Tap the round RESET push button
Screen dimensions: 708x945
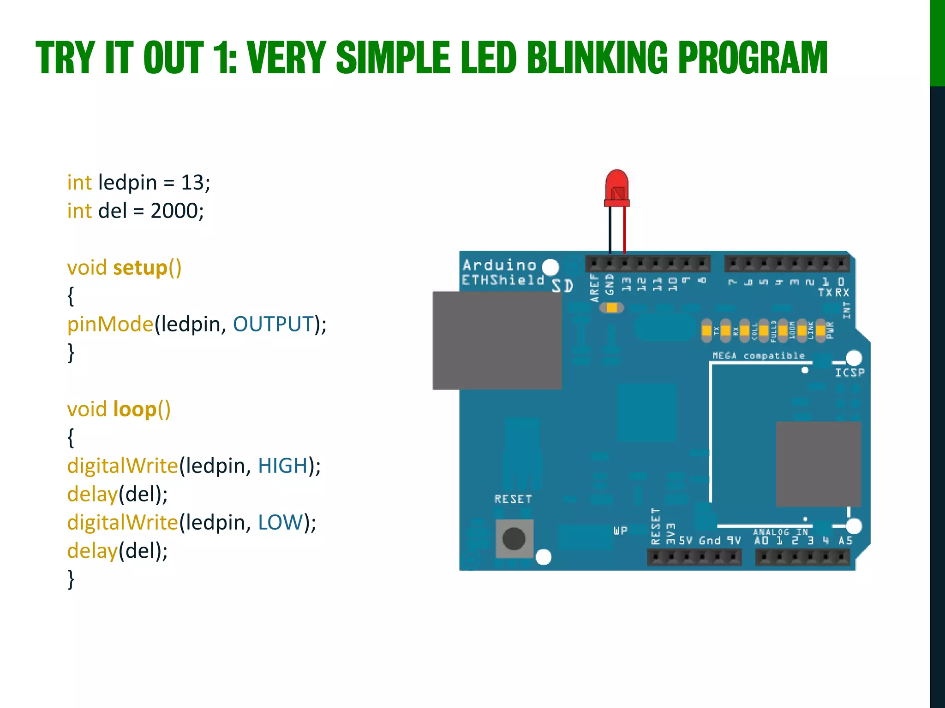514,538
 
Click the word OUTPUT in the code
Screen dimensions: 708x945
273,324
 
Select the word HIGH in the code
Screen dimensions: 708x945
282,466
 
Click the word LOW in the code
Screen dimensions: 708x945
280,522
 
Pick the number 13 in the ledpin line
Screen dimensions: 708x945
192,183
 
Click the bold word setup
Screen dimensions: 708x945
140,268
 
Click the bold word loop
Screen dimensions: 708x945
134,409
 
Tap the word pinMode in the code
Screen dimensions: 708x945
110,324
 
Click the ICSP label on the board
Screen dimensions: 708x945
849,372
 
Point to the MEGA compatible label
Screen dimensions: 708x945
758,355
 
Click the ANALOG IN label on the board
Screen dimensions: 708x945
780,531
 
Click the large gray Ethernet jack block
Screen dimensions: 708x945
496,340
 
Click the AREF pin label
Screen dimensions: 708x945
594,288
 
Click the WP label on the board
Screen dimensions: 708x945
620,531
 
